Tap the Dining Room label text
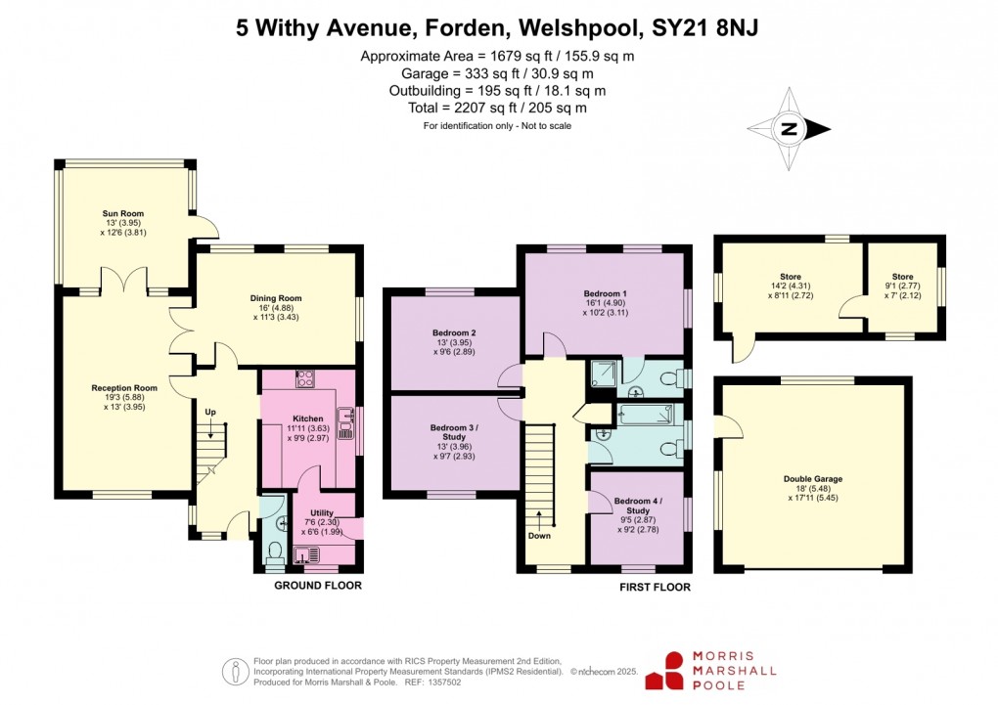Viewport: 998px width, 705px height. (276, 298)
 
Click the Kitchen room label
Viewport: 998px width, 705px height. (307, 419)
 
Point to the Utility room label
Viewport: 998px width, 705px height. (322, 512)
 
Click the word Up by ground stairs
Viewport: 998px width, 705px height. (210, 412)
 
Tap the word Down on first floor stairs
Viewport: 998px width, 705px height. (539, 535)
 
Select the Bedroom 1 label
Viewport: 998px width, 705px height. (605, 293)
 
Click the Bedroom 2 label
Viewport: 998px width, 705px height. (454, 332)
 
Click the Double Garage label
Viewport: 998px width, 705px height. (812, 479)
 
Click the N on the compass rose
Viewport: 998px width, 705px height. (791, 128)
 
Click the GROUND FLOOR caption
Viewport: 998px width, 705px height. (318, 586)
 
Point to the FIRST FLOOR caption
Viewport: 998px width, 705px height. (655, 588)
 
